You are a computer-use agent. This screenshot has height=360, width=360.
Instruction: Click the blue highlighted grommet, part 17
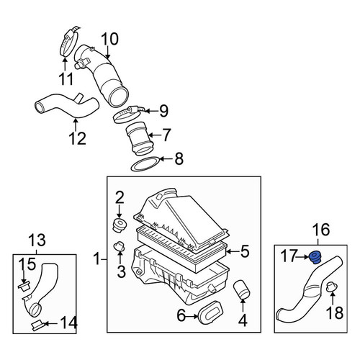[x=315, y=258]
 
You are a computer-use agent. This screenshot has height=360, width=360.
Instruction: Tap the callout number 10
[x=109, y=39]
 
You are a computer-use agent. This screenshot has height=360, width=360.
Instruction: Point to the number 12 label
[x=77, y=138]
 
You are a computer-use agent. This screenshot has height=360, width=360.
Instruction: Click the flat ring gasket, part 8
[x=145, y=164]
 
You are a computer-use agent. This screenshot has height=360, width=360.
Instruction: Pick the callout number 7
[x=166, y=135]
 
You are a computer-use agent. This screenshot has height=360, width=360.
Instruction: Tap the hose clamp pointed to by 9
[x=128, y=114]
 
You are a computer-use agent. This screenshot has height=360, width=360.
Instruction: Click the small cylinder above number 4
[x=242, y=289]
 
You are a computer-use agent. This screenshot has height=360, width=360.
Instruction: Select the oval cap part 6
[x=211, y=310]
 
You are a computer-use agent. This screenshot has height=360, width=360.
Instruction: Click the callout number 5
[x=244, y=251]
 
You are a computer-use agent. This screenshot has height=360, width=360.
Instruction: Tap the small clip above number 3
[x=120, y=246]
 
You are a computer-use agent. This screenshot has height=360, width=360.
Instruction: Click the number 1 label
[x=96, y=259]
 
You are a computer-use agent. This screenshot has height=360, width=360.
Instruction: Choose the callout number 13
[x=37, y=240]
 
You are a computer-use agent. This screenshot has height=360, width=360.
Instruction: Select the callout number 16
[x=322, y=230]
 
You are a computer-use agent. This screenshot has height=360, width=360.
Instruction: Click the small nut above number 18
[x=332, y=287]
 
